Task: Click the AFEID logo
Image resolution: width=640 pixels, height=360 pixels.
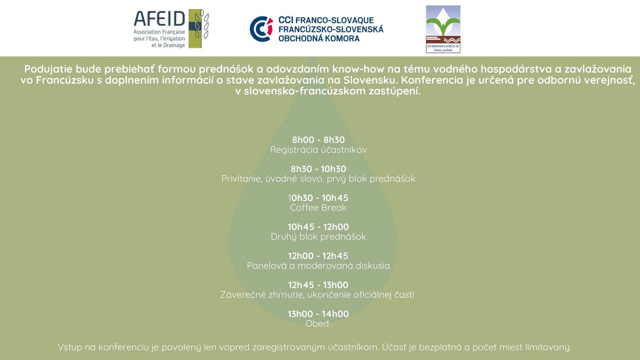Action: coord(171,28)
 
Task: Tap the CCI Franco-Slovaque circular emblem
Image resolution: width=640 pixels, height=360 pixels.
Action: coord(261,29)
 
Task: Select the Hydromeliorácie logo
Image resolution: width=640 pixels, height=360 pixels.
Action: coord(443,29)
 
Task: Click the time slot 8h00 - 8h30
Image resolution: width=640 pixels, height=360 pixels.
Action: coord(318,140)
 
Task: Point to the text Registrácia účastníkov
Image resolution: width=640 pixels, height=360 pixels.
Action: coord(318,150)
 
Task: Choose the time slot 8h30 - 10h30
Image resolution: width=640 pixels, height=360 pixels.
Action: coord(318,169)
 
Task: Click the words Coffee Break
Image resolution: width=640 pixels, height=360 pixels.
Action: coord(318,207)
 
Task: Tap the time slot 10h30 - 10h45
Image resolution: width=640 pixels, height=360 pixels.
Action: coord(318,198)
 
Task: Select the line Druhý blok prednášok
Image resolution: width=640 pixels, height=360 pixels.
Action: coord(318,237)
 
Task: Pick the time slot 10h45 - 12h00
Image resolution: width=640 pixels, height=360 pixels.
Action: coord(318,227)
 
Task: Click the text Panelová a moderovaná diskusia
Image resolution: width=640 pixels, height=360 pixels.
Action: coord(318,266)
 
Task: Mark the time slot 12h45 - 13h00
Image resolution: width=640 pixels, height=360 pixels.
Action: coord(318,285)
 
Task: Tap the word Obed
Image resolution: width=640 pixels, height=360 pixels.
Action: coord(317,324)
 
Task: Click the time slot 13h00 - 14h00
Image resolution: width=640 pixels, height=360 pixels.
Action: coord(318,314)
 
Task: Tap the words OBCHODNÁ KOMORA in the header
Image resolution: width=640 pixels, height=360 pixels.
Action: coord(319,38)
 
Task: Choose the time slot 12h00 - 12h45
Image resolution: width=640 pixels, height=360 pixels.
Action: coord(318,256)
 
